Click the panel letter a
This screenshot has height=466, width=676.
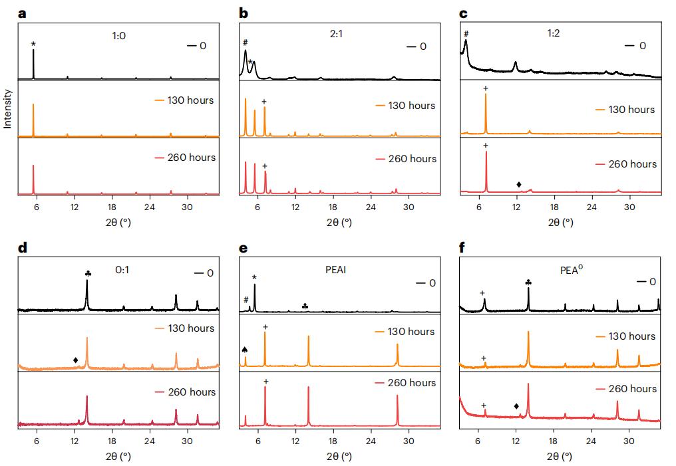pos(23,13)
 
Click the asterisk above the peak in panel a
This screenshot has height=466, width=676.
pos(33,45)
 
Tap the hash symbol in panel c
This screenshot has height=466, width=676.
pos(466,33)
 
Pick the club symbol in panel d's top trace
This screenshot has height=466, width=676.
pos(88,273)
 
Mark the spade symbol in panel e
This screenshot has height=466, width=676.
pos(245,350)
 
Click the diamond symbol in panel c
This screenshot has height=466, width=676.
pos(518,184)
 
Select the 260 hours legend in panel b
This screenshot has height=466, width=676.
pos(410,159)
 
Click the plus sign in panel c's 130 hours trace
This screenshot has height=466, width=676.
pos(486,88)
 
